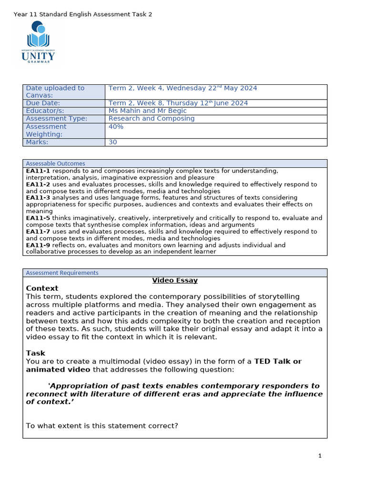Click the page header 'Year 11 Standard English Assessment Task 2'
(83, 14)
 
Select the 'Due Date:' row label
(43, 103)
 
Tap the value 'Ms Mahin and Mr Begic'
(148, 111)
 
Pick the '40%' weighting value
(116, 126)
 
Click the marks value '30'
(113, 142)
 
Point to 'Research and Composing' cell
(152, 118)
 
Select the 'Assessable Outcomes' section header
(55, 163)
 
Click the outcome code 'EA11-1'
(38, 171)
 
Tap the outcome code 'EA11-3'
(38, 197)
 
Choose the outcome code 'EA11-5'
(38, 218)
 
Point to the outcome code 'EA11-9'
(38, 245)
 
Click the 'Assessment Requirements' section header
(62, 273)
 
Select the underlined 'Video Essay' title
(175, 280)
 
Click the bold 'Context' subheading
(42, 288)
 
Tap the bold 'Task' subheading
(36, 353)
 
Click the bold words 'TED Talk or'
(278, 361)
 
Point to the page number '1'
(320, 456)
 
